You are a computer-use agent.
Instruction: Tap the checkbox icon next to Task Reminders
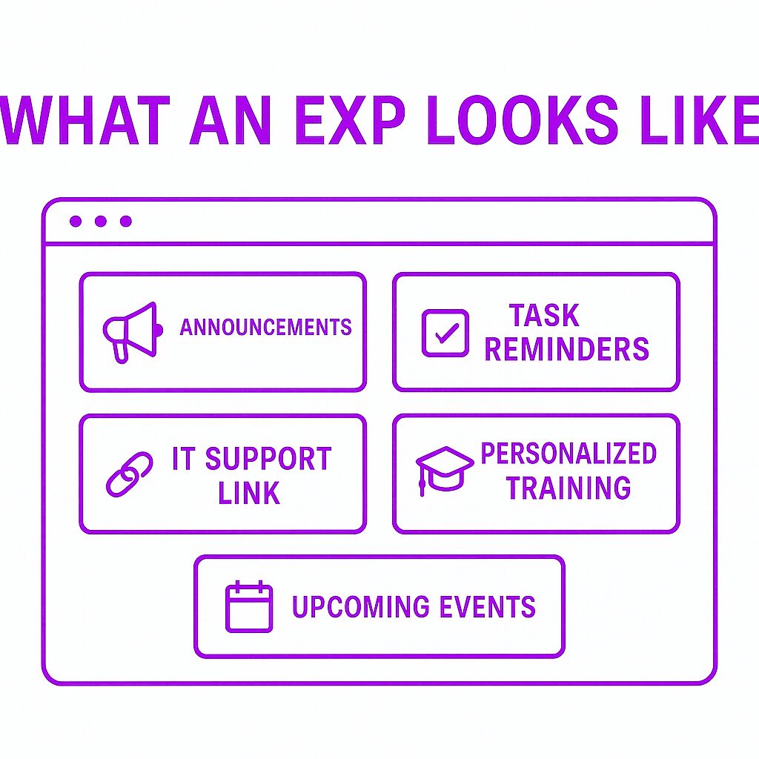coord(445,333)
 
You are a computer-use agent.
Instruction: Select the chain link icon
coord(129,474)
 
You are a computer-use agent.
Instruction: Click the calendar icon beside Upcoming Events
coord(249,606)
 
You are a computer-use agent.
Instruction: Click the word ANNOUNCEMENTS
coord(266,327)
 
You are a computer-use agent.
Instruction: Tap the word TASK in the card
coord(543,316)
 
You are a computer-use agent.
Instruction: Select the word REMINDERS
coord(566,348)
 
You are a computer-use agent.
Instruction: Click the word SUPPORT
coord(268,458)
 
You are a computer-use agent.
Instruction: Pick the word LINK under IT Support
coord(249,493)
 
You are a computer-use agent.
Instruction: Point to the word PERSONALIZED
coord(569,454)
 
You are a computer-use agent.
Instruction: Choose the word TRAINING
coord(569,487)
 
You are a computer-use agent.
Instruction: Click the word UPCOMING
coord(361,606)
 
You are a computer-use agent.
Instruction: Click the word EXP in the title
coord(350,121)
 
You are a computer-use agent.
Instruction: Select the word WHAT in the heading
coord(86,121)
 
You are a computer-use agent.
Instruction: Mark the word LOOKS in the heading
coord(523,121)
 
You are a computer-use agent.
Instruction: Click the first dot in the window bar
coord(76,221)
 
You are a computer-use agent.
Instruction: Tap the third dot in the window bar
coord(126,221)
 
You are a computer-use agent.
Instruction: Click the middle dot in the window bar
coord(101,221)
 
